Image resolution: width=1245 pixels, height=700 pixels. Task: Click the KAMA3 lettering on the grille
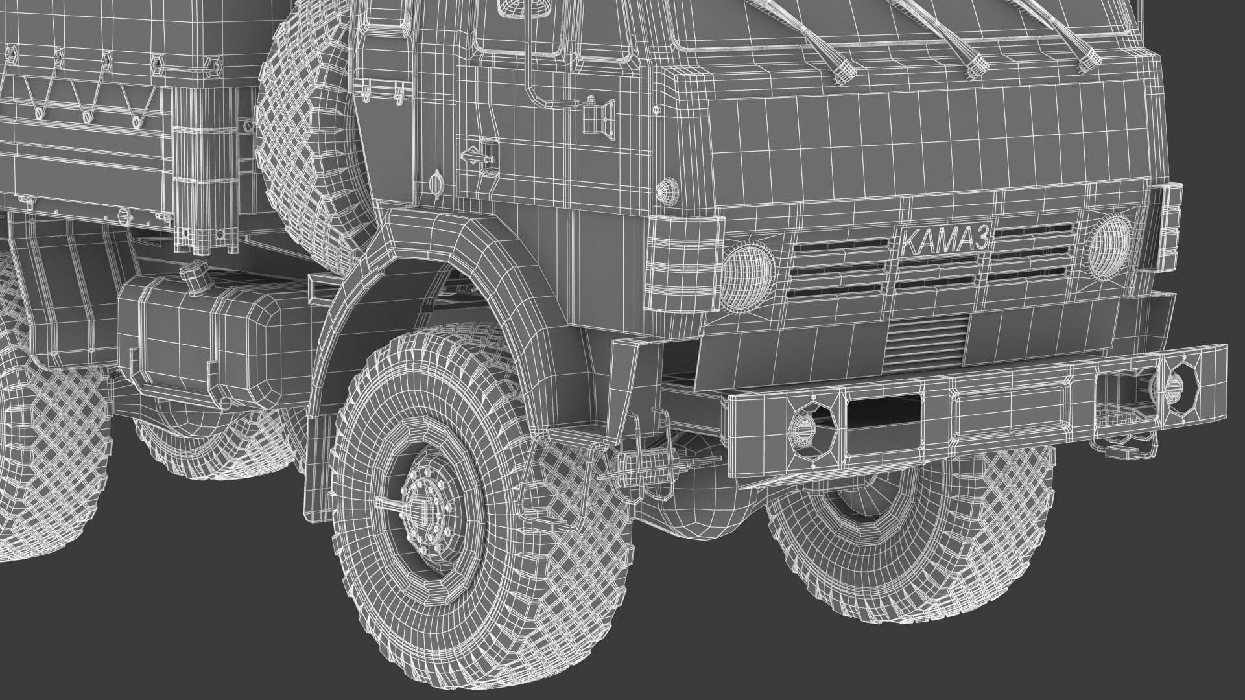tap(945, 240)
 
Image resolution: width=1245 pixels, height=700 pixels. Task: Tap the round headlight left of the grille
tap(747, 277)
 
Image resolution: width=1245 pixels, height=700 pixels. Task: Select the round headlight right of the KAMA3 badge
tap(1109, 240)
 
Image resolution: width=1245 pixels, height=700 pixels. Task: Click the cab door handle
tap(477, 157)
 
